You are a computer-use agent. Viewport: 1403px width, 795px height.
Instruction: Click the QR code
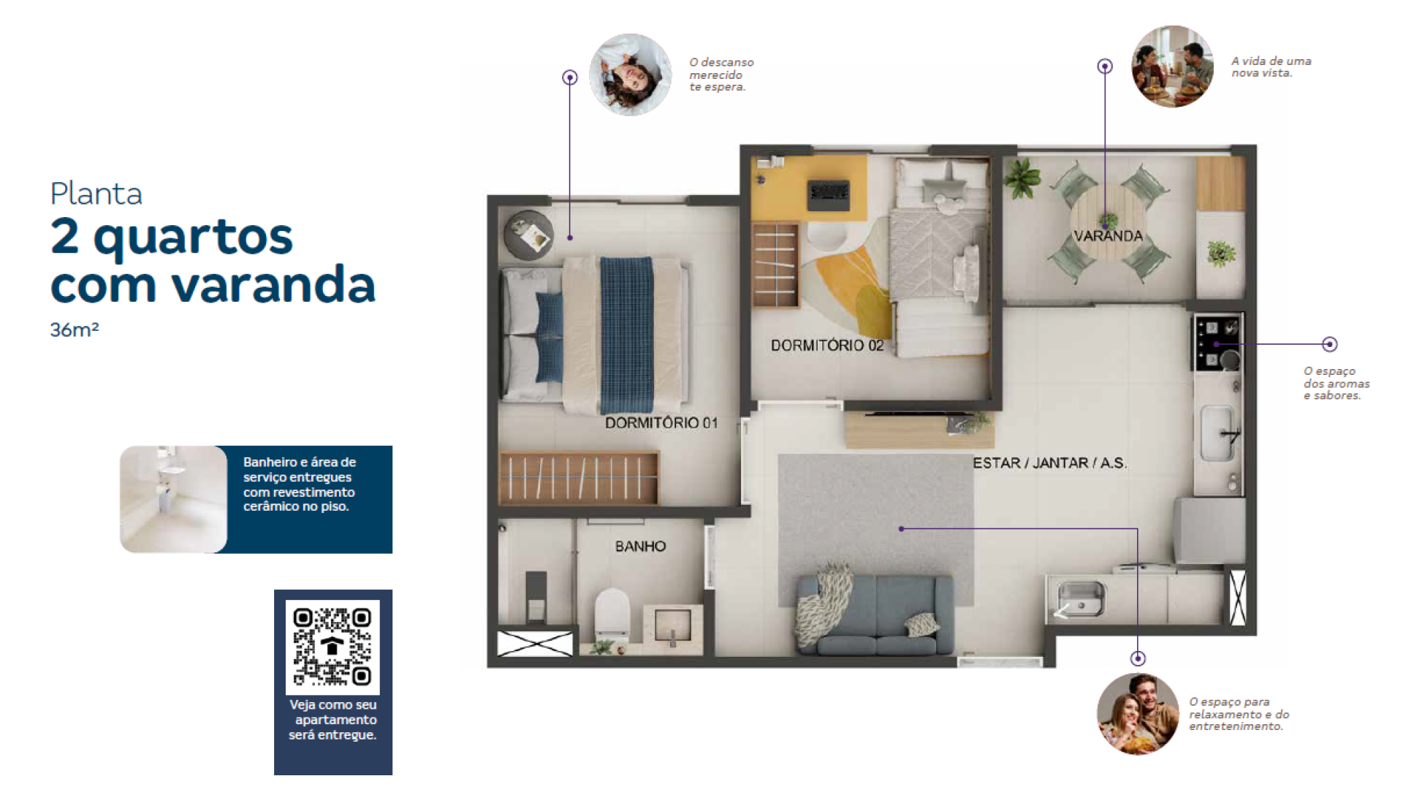point(332,647)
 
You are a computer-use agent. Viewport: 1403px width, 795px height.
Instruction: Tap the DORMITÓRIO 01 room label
point(661,422)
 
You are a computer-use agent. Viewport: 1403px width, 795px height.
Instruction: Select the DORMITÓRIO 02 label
point(827,345)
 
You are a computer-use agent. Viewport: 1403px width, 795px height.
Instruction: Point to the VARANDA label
point(1108,235)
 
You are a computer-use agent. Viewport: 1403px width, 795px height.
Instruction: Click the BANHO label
point(640,546)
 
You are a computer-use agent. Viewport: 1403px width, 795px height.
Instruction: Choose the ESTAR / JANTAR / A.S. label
point(1049,463)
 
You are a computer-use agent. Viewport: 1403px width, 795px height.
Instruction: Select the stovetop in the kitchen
point(1217,343)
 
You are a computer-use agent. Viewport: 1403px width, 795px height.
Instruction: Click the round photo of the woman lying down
point(630,75)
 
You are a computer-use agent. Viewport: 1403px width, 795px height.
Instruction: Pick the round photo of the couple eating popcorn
point(1138,714)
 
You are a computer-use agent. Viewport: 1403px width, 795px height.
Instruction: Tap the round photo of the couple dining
point(1172,66)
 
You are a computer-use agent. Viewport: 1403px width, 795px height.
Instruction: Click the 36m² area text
point(74,330)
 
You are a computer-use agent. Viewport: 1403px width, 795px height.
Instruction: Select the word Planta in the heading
point(96,194)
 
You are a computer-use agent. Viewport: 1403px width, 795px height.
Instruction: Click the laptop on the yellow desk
point(829,194)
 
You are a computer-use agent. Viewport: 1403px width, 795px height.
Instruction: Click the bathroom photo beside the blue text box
point(173,499)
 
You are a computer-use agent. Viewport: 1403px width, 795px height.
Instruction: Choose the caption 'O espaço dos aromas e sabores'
point(1337,384)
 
